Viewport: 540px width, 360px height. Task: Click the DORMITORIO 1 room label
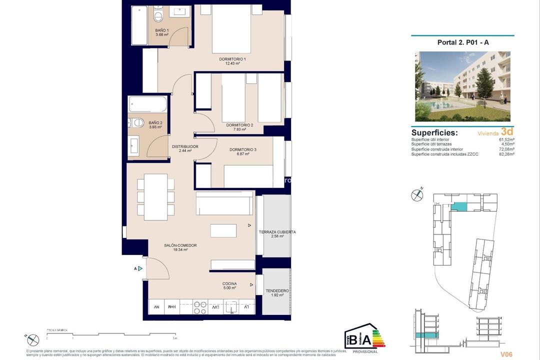click(x=232, y=59)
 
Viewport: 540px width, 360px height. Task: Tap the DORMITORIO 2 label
click(x=239, y=125)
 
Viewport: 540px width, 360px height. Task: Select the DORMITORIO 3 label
click(x=243, y=149)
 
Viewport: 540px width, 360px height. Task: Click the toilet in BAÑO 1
click(x=158, y=17)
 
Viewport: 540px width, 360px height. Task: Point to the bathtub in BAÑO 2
click(x=147, y=104)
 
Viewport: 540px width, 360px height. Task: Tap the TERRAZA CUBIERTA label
click(x=277, y=232)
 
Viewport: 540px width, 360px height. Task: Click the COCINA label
click(x=230, y=283)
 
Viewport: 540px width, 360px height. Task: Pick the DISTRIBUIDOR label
click(x=185, y=146)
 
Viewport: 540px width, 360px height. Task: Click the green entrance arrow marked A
click(x=140, y=268)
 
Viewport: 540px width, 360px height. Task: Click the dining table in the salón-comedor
click(x=155, y=197)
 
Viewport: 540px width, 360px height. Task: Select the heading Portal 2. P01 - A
click(x=463, y=42)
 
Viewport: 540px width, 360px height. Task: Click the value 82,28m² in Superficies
click(x=506, y=154)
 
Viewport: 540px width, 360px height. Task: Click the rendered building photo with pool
click(x=462, y=86)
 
